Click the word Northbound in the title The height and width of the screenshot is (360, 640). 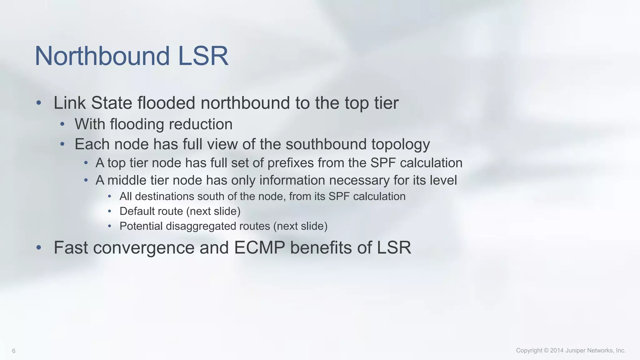pyautogui.click(x=102, y=56)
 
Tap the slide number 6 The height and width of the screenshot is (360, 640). pyautogui.click(x=14, y=351)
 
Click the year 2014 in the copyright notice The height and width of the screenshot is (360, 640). pyautogui.click(x=557, y=350)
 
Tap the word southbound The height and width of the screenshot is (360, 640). pyautogui.click(x=326, y=144)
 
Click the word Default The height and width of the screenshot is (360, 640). pyautogui.click(x=135, y=211)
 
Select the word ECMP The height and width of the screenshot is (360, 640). pyautogui.click(x=259, y=247)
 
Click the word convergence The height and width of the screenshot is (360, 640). pyautogui.click(x=144, y=248)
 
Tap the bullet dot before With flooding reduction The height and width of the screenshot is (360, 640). pyautogui.click(x=62, y=124)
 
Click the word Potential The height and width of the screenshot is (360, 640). pyautogui.click(x=141, y=226)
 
